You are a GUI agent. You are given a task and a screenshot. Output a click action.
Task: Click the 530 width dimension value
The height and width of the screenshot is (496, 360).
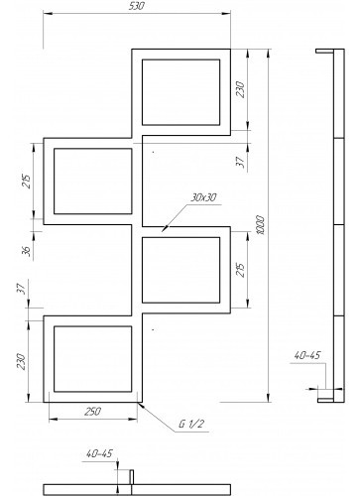click(x=136, y=6)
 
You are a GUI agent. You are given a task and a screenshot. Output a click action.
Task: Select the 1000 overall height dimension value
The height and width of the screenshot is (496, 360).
click(x=260, y=225)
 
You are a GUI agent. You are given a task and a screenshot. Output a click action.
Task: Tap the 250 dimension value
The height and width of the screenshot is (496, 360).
click(x=93, y=412)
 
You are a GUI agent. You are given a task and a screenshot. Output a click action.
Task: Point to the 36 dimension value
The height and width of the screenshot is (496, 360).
click(x=29, y=251)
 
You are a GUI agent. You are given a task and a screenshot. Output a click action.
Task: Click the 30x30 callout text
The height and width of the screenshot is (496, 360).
click(x=203, y=197)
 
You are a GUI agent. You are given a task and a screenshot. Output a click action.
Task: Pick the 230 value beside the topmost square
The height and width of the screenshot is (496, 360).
click(x=241, y=89)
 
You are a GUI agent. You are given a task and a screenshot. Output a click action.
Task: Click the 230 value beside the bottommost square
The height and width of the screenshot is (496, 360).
click(x=22, y=362)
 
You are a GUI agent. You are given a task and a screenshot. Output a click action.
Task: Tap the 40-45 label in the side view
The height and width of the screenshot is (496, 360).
click(x=307, y=355)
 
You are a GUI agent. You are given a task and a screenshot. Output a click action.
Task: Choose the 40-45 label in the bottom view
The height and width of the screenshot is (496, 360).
click(x=99, y=453)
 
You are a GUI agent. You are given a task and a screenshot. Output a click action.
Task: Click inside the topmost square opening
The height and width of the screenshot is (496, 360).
click(x=180, y=92)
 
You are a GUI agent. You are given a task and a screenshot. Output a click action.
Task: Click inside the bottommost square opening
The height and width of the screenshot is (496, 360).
click(x=93, y=359)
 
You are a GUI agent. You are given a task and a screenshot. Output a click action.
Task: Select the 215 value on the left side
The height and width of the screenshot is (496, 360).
click(x=28, y=182)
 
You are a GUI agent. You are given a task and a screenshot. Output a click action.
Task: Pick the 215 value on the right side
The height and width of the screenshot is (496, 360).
click(x=241, y=270)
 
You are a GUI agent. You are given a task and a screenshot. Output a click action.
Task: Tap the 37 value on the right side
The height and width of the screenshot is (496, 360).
click(x=241, y=162)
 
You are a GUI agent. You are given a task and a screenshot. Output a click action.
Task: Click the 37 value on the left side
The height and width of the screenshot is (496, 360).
click(x=22, y=290)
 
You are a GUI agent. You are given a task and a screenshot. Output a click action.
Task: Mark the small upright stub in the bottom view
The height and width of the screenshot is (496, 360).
click(x=131, y=477)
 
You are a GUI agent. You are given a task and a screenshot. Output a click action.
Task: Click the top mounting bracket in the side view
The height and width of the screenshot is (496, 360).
click(x=324, y=52)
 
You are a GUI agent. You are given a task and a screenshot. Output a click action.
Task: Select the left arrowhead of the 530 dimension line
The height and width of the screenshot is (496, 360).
click(x=48, y=14)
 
